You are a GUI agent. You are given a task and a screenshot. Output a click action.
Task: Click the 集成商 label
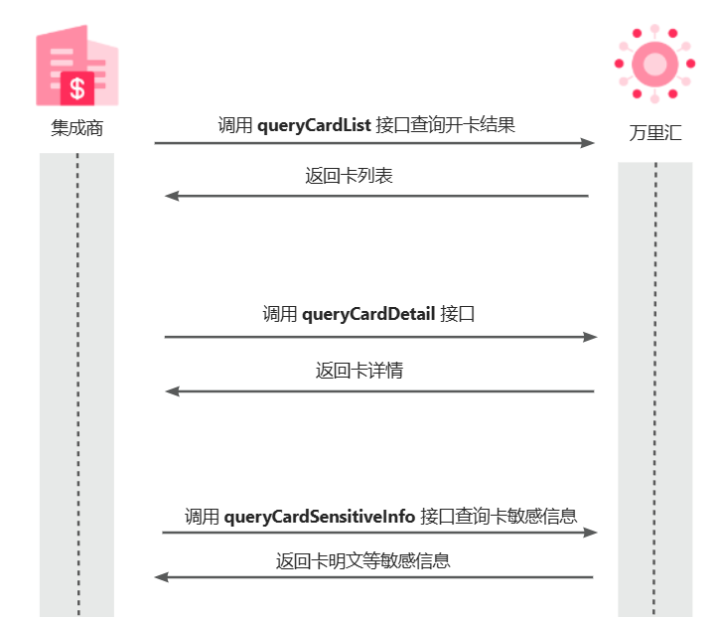[x=77, y=129]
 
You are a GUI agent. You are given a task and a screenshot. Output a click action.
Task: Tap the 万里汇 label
[x=654, y=133]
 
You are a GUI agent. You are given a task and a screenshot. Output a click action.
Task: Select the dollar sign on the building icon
[x=77, y=88]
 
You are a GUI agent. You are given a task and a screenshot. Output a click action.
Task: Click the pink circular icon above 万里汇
[x=654, y=64]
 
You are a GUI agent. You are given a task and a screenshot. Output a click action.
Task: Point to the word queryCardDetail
[x=368, y=315]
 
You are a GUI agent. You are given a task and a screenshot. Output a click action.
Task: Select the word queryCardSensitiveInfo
[x=319, y=517]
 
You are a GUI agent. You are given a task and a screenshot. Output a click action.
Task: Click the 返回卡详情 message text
[x=359, y=372]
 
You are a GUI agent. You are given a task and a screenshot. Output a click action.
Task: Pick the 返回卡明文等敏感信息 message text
[x=362, y=561]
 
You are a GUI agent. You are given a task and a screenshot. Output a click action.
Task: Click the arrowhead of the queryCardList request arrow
[x=588, y=143]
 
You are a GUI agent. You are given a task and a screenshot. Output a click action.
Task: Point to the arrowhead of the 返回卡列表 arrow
[x=171, y=196]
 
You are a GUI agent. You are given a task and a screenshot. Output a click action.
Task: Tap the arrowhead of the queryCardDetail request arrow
[x=591, y=337]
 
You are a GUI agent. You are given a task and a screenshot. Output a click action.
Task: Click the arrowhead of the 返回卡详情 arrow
[x=171, y=391]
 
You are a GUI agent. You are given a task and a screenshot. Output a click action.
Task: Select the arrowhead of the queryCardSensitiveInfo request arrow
[x=591, y=533]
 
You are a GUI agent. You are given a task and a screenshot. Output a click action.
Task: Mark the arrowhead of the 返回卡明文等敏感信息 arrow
[x=161, y=577]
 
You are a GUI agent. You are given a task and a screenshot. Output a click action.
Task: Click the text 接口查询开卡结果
[x=446, y=125]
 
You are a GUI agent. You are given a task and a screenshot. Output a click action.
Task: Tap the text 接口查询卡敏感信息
[x=499, y=517]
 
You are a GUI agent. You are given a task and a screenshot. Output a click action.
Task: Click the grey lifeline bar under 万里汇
[x=654, y=397]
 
